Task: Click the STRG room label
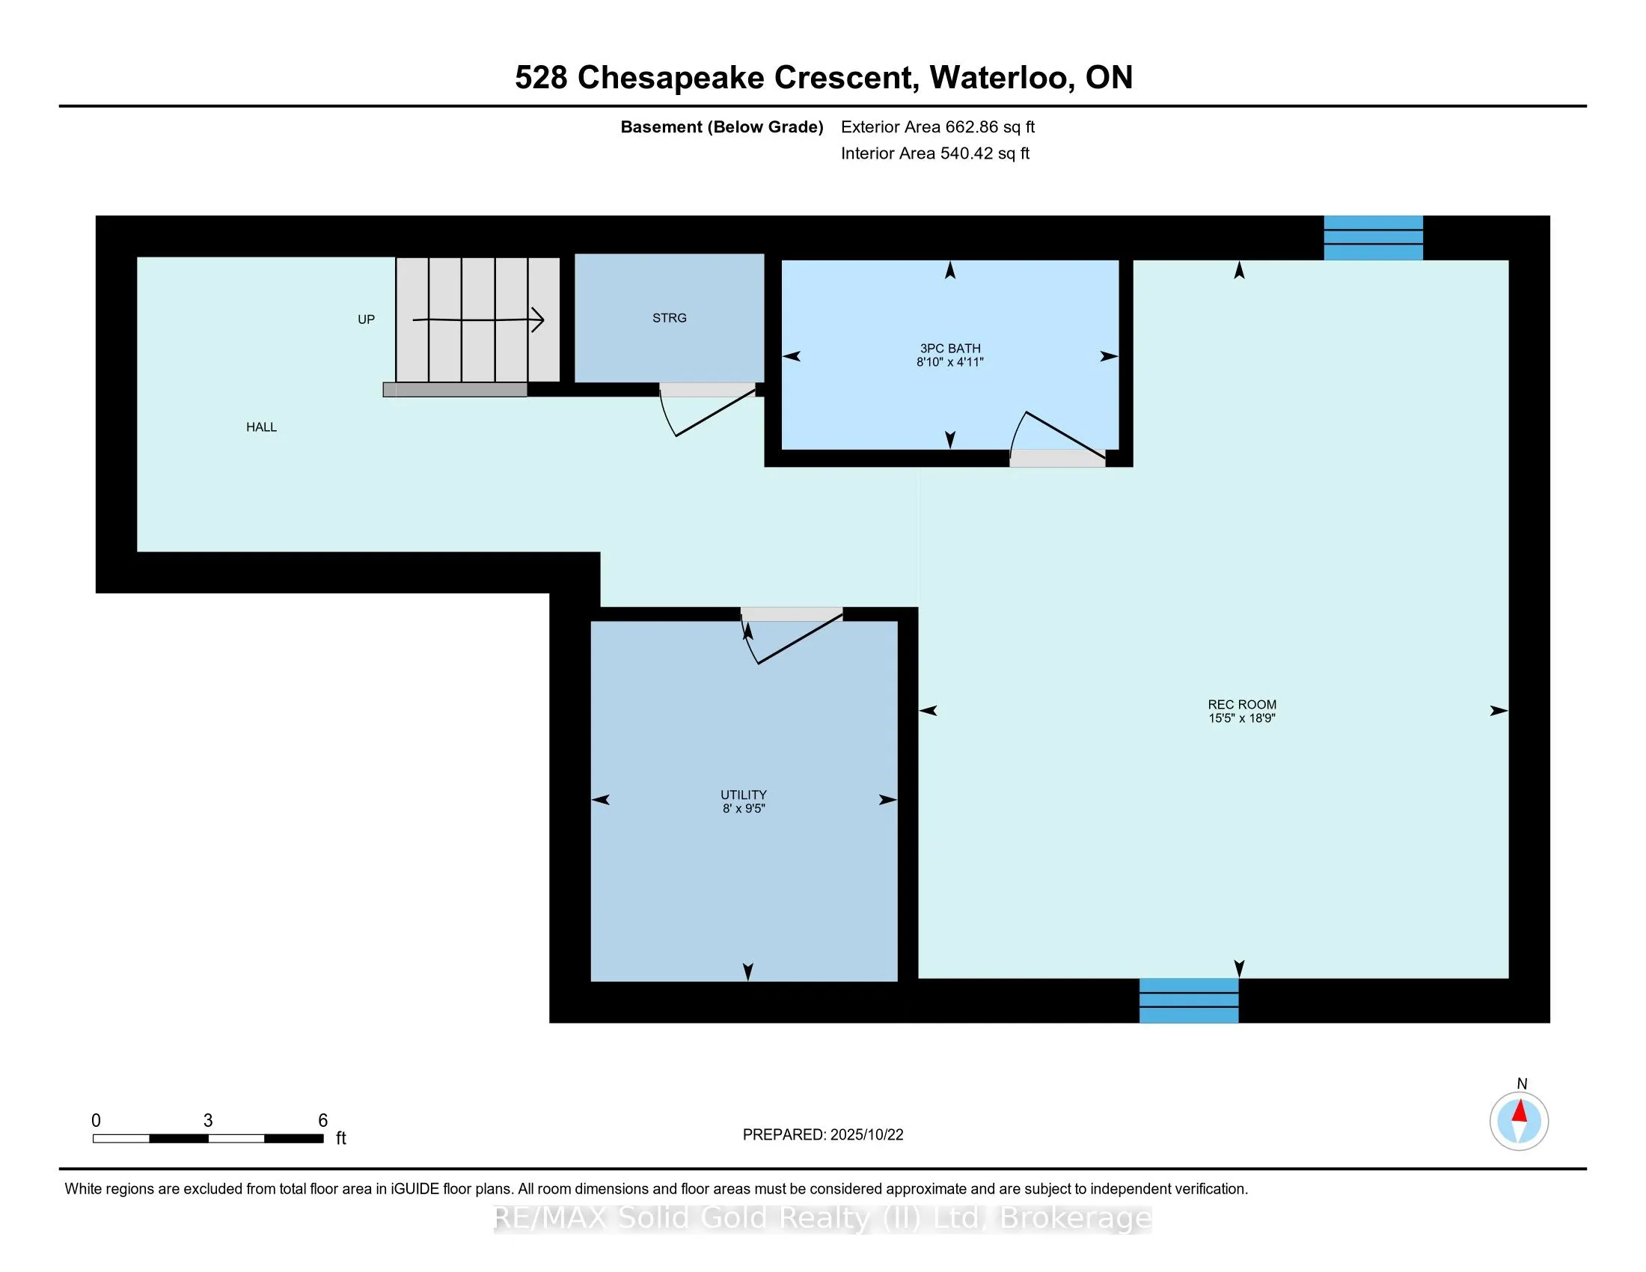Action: [670, 318]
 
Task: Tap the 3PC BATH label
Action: [949, 348]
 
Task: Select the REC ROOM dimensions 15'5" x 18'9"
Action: [1241, 718]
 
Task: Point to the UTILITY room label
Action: [743, 795]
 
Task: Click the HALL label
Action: [262, 427]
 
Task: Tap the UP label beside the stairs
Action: [367, 319]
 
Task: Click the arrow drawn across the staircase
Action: [479, 319]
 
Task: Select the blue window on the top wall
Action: [1373, 237]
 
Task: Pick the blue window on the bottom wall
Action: [1189, 1000]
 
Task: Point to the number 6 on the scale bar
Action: [322, 1121]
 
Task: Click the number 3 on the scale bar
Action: [208, 1121]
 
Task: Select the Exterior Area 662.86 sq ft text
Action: [937, 127]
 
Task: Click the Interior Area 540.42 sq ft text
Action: [935, 153]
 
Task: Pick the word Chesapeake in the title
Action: [671, 78]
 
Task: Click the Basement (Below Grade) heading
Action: [721, 127]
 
